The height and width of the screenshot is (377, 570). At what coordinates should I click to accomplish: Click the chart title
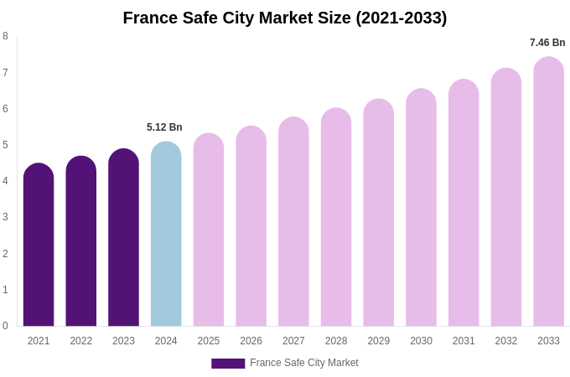tap(285, 18)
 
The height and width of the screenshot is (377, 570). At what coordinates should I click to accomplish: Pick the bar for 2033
tap(548, 192)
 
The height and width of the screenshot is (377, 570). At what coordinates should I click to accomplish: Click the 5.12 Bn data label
tap(164, 127)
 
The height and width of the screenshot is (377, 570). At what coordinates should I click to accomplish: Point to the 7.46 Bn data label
tap(547, 43)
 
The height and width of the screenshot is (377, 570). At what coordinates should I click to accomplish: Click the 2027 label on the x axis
tap(293, 341)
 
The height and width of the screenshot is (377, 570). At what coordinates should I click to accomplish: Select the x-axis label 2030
tap(421, 341)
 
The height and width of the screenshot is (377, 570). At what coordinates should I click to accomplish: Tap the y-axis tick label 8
tap(5, 36)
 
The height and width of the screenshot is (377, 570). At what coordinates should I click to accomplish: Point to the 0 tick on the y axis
tap(5, 326)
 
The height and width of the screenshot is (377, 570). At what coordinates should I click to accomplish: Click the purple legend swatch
tap(228, 364)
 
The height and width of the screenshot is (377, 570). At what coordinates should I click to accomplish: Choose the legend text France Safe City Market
tap(304, 363)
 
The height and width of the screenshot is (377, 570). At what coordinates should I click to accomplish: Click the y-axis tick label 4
tap(5, 181)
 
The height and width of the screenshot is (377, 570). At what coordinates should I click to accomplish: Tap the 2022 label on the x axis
tap(81, 341)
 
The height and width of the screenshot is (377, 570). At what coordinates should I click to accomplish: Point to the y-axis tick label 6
tap(5, 109)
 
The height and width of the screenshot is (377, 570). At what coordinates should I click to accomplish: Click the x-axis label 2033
tap(548, 341)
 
